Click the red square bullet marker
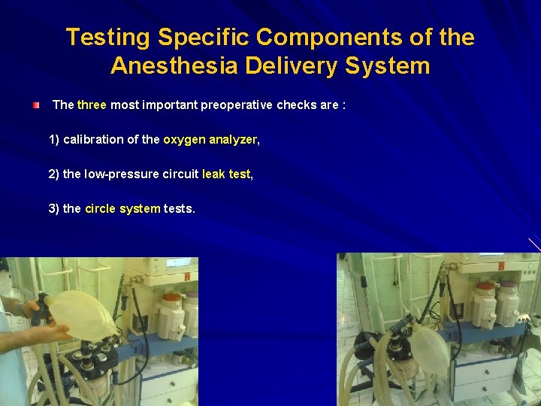pyautogui.click(x=37, y=105)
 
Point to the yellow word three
pyautogui.click(x=92, y=105)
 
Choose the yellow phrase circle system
pyautogui.click(x=122, y=209)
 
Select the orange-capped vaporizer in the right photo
pyautogui.click(x=485, y=304)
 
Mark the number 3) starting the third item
pyautogui.click(x=54, y=209)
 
